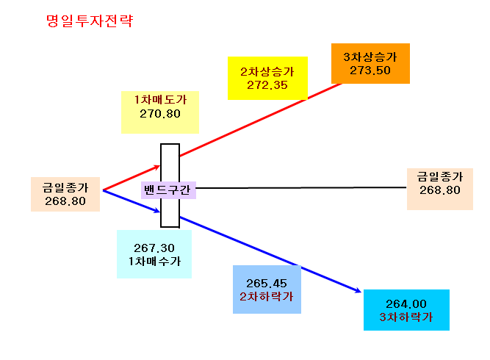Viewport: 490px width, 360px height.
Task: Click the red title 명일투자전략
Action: [90, 21]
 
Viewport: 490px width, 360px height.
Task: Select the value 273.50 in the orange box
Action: [370, 71]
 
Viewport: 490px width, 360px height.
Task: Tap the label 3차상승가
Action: [370, 57]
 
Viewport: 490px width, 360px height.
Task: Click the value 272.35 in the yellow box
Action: [267, 85]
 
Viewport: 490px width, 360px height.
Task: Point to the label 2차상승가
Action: [267, 71]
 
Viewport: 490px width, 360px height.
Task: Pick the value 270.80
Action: [160, 114]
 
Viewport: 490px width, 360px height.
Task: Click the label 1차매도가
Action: [160, 100]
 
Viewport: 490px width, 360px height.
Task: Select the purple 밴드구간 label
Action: [167, 190]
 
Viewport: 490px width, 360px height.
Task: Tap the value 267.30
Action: [154, 248]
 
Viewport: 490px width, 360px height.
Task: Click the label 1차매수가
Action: [154, 262]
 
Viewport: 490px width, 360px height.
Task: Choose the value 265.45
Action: [267, 284]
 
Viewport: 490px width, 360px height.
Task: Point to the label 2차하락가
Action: [267, 297]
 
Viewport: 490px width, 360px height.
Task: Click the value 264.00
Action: [406, 303]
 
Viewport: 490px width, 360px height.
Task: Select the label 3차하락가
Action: [406, 317]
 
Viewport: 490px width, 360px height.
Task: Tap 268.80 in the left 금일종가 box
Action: [65, 201]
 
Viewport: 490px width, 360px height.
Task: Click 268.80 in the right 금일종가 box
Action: [440, 190]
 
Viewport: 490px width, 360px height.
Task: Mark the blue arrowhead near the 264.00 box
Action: [358, 290]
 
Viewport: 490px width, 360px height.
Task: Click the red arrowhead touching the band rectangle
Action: [157, 168]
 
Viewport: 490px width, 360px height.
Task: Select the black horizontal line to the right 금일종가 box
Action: [301, 188]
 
